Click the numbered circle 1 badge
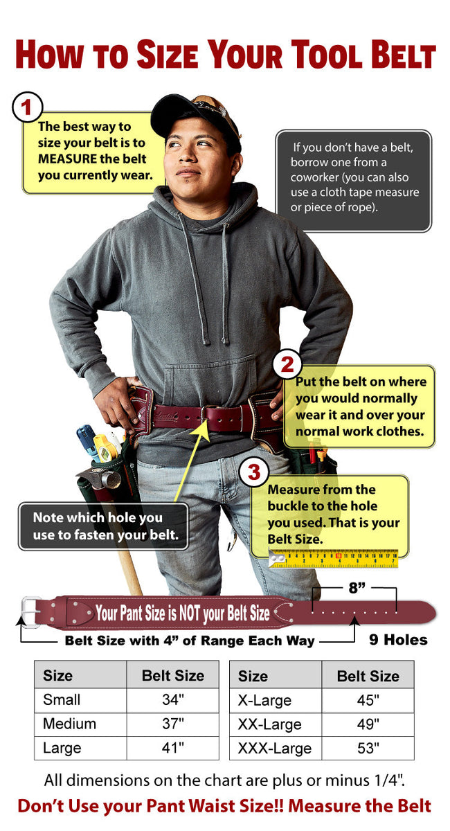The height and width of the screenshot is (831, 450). (28, 107)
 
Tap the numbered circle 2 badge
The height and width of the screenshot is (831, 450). (287, 364)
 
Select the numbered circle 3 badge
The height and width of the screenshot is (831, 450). (254, 472)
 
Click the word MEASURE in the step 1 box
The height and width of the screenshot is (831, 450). (67, 159)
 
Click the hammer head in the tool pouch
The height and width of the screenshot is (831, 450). (100, 478)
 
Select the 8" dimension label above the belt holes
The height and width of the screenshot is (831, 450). (357, 588)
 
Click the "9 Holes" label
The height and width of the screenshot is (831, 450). (398, 640)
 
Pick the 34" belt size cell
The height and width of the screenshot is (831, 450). (173, 699)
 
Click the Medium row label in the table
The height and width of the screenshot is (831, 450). (69, 724)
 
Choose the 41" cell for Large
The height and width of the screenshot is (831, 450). (173, 748)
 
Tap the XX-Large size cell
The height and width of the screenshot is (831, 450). (270, 724)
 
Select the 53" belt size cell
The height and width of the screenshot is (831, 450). (368, 749)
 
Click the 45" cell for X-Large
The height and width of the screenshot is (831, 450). (368, 700)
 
